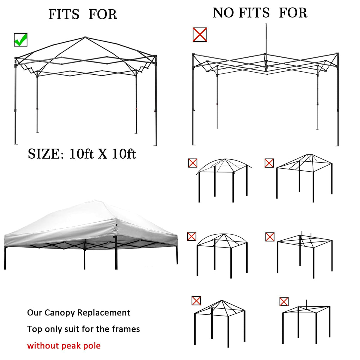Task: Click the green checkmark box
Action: pyautogui.click(x=21, y=40)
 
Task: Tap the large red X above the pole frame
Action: pyautogui.click(x=200, y=34)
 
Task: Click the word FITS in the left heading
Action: pyautogui.click(x=64, y=14)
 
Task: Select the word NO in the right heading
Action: pyautogui.click(x=223, y=13)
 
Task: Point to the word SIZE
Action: pyautogui.click(x=44, y=154)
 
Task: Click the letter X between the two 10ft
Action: pyautogui.click(x=103, y=154)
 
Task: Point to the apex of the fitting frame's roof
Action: pyautogui.click(x=85, y=37)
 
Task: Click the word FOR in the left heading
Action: pyautogui.click(x=103, y=14)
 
